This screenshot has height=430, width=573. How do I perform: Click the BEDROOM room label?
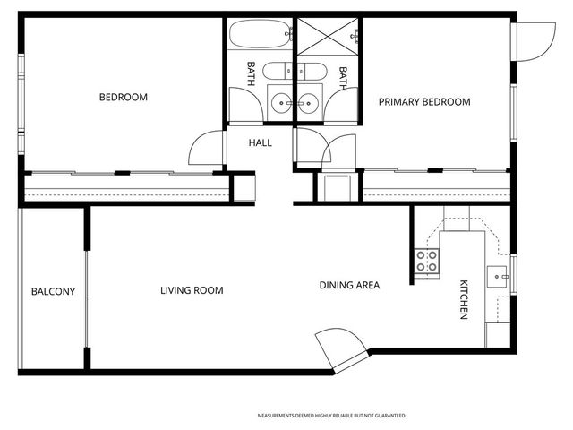124,98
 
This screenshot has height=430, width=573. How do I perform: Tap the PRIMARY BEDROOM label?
423,102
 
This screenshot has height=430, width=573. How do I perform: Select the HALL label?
261,142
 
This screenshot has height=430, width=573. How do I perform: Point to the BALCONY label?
53,291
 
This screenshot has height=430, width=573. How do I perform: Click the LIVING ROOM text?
192,290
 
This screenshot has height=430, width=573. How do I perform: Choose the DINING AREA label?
349,286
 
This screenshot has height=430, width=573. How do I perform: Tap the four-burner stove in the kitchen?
427,262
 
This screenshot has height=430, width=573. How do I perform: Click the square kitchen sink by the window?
497,275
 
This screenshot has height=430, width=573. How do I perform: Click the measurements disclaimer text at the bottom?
332,416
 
